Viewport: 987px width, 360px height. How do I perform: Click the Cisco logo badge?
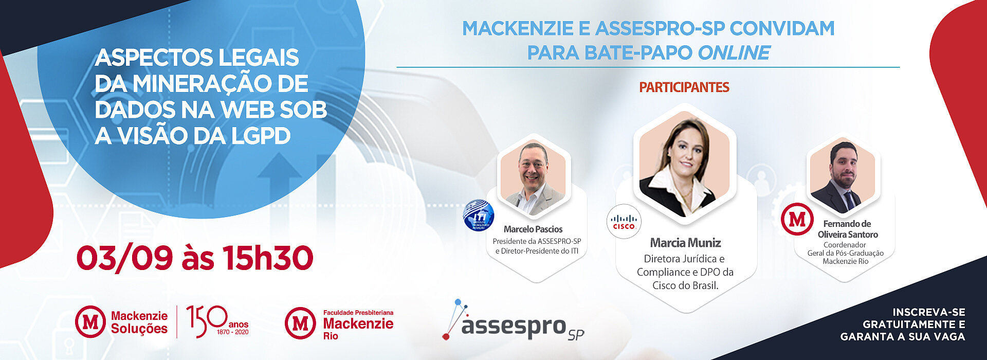point(624,222)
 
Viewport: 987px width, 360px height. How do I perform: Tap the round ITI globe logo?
point(479,215)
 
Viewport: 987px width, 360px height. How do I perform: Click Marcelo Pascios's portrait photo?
point(533,178)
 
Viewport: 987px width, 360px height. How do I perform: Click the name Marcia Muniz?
point(685,243)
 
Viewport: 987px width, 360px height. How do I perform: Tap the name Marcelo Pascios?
point(533,229)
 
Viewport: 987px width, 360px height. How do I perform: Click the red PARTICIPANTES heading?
point(684,87)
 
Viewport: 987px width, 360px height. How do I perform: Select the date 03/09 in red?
point(124,258)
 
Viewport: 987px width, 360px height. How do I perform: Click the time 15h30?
point(268,258)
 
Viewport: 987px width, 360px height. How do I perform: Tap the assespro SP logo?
point(513,321)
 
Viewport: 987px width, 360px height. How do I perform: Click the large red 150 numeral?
point(207,321)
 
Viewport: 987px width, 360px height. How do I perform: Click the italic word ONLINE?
point(734,53)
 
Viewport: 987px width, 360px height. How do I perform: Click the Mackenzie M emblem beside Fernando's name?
point(797,220)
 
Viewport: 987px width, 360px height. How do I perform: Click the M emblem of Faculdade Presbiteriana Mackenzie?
point(300,323)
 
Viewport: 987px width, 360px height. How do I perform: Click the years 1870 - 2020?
point(232,332)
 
